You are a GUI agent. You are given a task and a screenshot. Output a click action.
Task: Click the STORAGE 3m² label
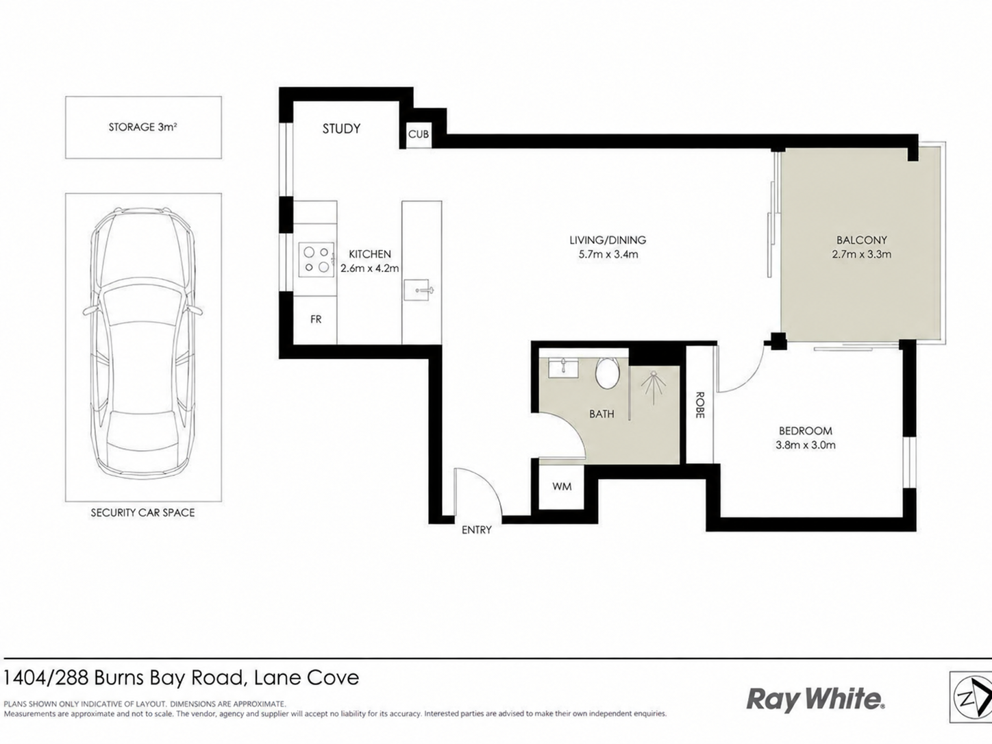coord(142,127)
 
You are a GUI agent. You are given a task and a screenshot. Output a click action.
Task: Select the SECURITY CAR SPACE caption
coord(142,512)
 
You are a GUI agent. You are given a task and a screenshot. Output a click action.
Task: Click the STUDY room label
coord(341,129)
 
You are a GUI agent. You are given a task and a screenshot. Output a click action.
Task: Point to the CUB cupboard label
coord(419,134)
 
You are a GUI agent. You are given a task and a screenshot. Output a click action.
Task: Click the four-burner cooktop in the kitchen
coord(317,259)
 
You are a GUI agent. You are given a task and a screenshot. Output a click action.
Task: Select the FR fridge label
coord(316,319)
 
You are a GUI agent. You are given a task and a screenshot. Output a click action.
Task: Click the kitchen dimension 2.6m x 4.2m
coord(370,269)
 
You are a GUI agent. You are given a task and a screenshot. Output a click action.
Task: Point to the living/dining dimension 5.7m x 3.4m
coord(608,254)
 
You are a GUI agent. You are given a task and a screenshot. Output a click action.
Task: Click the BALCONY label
coord(861,240)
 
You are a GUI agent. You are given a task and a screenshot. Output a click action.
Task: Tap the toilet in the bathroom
coord(607,373)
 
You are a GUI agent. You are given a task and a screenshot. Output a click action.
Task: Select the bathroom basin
coord(564,368)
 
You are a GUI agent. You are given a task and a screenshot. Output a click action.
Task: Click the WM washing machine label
coord(562,486)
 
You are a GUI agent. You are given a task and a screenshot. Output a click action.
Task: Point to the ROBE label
coord(699,405)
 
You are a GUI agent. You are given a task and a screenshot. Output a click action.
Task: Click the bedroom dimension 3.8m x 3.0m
coord(806,445)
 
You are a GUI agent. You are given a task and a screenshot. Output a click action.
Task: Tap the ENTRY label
coord(476,530)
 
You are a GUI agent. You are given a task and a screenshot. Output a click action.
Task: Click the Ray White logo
coord(815,699)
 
